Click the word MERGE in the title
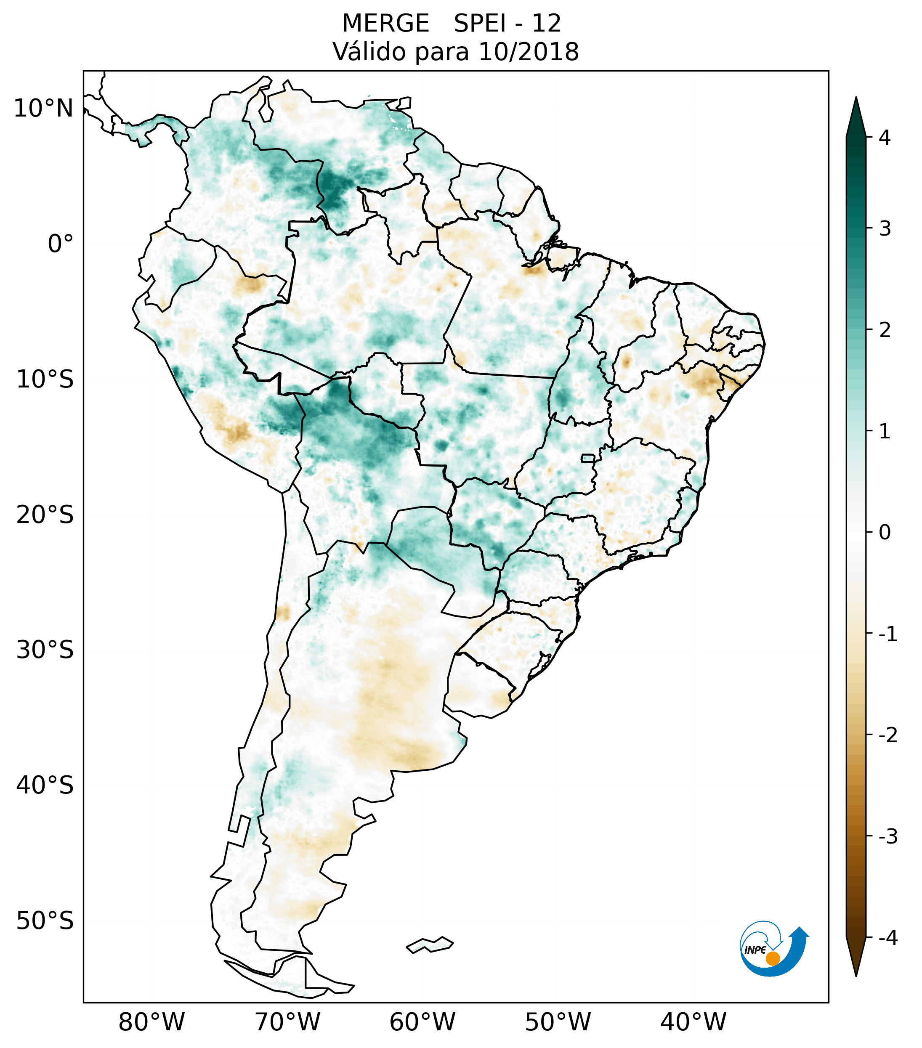pyautogui.click(x=385, y=24)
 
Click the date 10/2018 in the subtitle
pyautogui.click(x=529, y=52)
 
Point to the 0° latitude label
pyautogui.click(x=61, y=244)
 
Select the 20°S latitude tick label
pyautogui.click(x=45, y=515)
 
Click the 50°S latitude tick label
pyautogui.click(x=45, y=921)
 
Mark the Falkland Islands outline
pyautogui.click(x=430, y=945)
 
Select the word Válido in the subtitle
pyautogui.click(x=369, y=52)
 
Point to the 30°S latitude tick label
pyautogui.click(x=45, y=650)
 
